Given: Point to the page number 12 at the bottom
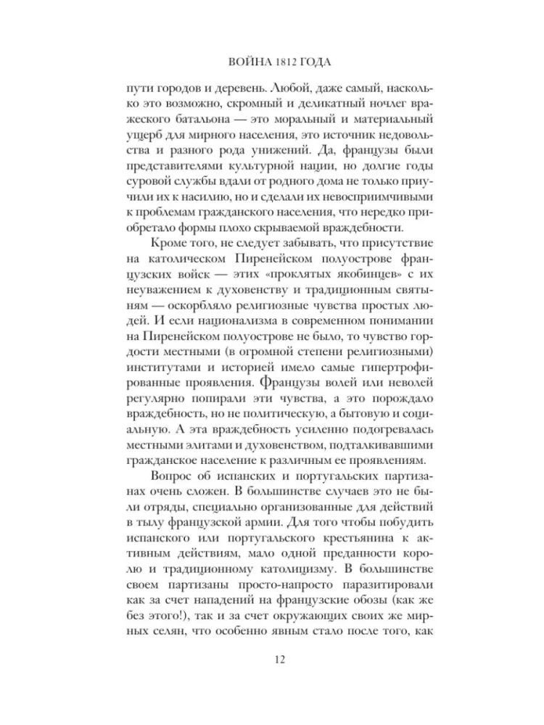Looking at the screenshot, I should [272, 659].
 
